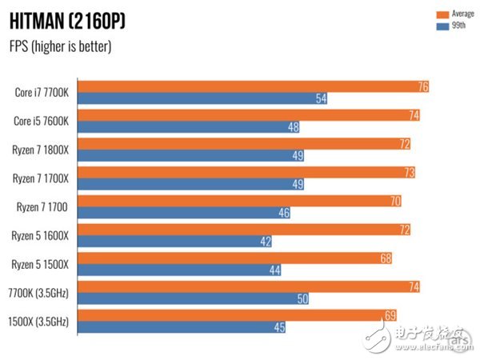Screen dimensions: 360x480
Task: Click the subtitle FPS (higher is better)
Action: (x=60, y=46)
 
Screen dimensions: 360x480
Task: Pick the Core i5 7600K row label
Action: (x=42, y=121)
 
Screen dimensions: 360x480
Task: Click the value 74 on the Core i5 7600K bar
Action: (x=413, y=115)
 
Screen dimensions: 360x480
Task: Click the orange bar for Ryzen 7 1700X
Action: (x=248, y=173)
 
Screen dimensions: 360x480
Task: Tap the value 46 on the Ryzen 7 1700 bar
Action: (x=283, y=214)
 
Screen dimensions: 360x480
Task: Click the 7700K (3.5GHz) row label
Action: (x=41, y=293)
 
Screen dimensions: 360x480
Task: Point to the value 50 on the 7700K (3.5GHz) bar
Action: (x=301, y=299)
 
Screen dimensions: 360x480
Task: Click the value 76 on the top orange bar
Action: (x=422, y=86)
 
